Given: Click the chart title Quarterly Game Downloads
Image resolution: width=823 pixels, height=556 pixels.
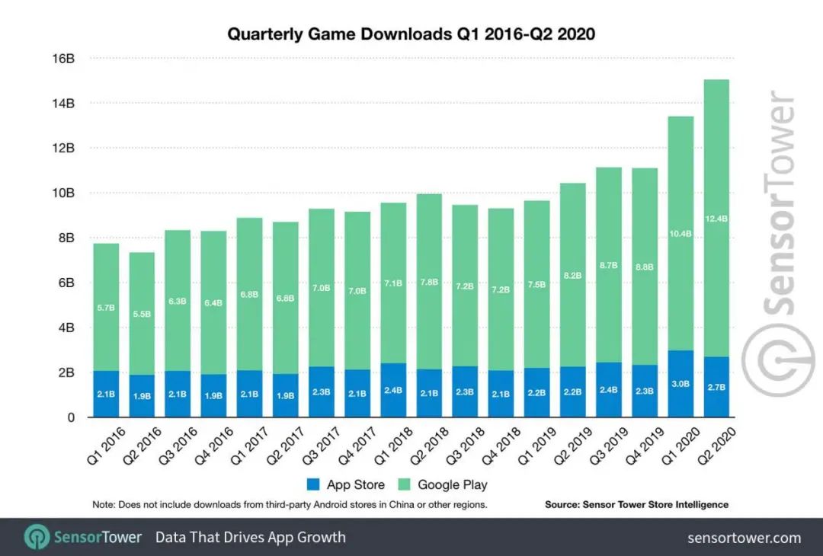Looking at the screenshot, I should [411, 34].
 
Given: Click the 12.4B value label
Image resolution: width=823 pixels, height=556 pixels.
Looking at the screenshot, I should [716, 219].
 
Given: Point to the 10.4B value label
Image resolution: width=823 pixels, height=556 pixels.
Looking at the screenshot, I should [680, 233].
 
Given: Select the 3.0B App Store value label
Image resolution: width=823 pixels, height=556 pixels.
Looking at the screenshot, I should [680, 385].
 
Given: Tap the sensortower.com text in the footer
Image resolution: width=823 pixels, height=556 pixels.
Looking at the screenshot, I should [744, 538].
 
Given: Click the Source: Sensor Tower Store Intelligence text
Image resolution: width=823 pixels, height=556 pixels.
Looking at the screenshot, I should [636, 504].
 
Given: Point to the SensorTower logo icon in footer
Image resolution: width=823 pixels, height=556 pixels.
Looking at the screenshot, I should [36, 537].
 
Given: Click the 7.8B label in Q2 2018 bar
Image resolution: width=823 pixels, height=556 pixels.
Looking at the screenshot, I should [430, 282].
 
